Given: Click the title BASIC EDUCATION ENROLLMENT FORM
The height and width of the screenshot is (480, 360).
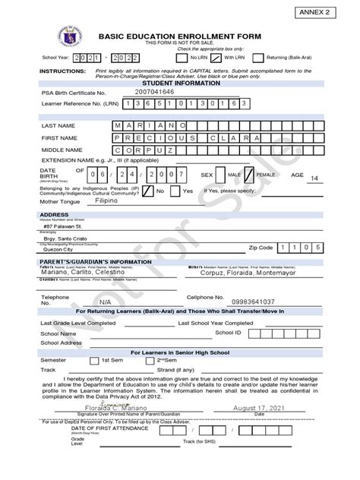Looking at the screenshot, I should tap(179, 36).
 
